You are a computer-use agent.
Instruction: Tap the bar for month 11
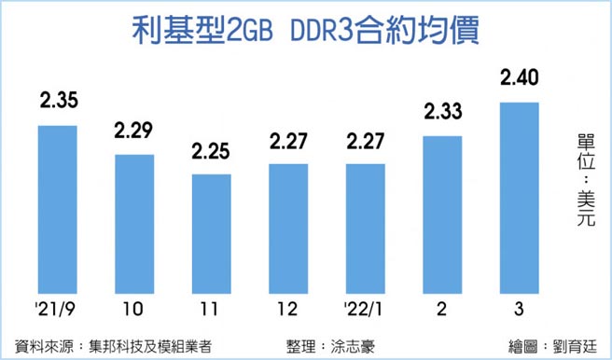click(x=211, y=232)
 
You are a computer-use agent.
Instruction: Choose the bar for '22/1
click(x=365, y=228)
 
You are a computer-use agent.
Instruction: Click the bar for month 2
click(x=441, y=214)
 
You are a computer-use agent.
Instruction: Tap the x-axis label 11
click(x=211, y=309)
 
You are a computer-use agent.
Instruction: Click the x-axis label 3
click(x=519, y=309)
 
